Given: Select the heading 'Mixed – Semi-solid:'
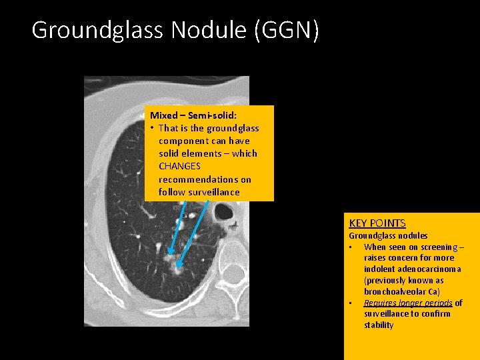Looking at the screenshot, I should tap(193, 115).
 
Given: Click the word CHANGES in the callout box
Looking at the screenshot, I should tap(179, 166).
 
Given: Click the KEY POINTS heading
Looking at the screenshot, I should tap(377, 223).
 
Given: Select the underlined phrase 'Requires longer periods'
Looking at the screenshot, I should tap(408, 303).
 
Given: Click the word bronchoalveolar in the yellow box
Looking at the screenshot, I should tap(397, 292).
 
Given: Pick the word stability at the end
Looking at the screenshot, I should tap(379, 325).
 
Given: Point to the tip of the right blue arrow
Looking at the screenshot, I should tap(179, 266).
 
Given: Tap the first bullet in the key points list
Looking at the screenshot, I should tap(351, 247).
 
